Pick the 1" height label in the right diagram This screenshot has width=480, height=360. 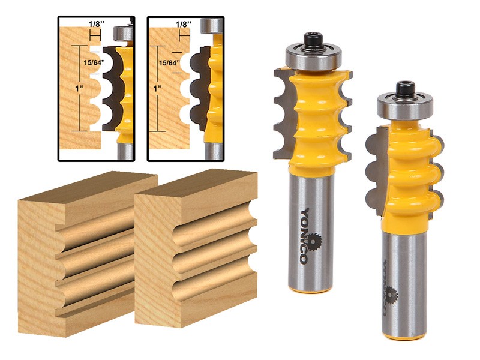tap(158, 88)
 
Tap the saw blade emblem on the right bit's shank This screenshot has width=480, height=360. tap(391, 295)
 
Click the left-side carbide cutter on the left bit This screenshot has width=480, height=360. tap(282, 114)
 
